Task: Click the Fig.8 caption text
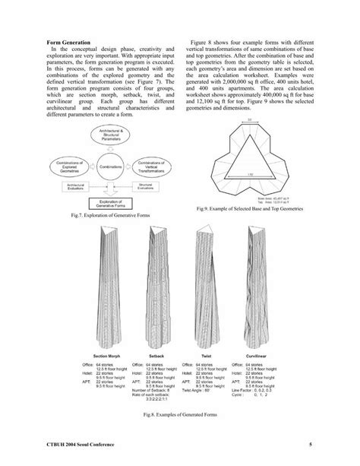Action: (180, 415)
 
